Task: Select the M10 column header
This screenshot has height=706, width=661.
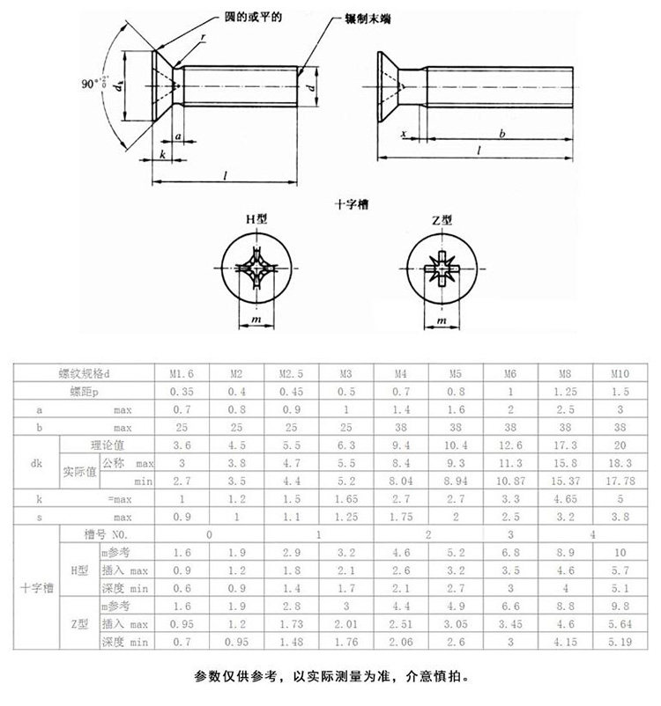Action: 620,374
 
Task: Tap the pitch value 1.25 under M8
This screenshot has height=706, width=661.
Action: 565,392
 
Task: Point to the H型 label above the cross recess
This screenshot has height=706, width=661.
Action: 256,221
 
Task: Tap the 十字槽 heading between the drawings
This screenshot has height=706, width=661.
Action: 352,203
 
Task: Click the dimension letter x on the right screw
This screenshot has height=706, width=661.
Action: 403,133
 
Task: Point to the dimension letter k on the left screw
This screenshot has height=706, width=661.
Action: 164,154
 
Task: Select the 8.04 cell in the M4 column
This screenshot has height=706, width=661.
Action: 400,481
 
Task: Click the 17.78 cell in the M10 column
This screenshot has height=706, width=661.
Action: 620,481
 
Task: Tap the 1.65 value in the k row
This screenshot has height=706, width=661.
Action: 345,498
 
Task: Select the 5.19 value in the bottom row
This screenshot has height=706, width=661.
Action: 620,642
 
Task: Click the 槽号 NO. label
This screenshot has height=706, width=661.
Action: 110,534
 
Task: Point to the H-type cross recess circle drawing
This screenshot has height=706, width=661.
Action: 256,270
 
